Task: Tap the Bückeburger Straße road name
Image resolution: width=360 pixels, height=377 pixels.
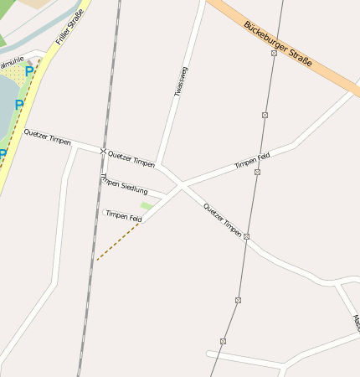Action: tap(278, 44)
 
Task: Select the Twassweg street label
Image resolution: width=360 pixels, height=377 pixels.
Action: tap(182, 82)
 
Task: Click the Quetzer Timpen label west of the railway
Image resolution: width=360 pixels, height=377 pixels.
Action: tap(47, 137)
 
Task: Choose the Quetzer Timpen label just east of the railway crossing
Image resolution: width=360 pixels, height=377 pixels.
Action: tap(131, 158)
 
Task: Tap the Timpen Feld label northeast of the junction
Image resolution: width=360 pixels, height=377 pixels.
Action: tap(252, 158)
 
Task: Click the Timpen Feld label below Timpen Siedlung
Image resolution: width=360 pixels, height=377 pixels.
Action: tap(123, 216)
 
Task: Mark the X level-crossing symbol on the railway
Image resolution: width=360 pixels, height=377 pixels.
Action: tap(104, 152)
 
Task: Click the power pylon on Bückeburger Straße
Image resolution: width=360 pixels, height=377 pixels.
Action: tap(274, 53)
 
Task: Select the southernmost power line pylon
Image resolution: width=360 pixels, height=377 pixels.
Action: tap(223, 341)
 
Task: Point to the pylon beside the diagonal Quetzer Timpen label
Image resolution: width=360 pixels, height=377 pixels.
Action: tap(246, 237)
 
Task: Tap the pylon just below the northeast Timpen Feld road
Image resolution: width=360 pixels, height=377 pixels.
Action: tap(257, 172)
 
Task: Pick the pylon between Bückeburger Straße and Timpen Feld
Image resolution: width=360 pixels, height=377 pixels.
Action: tap(265, 115)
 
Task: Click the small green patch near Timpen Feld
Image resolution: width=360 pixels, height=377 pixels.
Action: tap(147, 205)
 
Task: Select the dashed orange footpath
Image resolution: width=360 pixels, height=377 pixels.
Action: tap(117, 241)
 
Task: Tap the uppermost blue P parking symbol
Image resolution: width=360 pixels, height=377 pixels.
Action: tap(29, 71)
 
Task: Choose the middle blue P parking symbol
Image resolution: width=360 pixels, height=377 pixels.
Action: tap(19, 106)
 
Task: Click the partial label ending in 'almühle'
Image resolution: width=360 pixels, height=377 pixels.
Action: tap(12, 62)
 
